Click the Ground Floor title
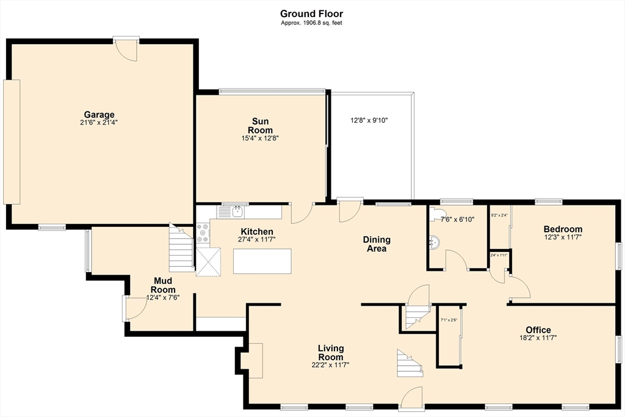click(x=311, y=14)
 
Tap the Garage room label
click(x=99, y=115)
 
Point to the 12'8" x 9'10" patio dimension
click(x=369, y=120)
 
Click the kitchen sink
click(x=238, y=212)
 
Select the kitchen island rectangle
click(x=262, y=261)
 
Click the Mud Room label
click(x=163, y=286)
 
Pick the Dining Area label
click(x=377, y=244)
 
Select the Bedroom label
click(x=563, y=229)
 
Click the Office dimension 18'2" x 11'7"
click(x=538, y=338)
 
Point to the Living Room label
click(x=331, y=353)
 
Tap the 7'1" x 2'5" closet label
click(x=449, y=320)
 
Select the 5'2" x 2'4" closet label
click(x=499, y=215)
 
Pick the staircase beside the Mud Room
click(x=181, y=248)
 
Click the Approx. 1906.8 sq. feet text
click(x=311, y=23)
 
